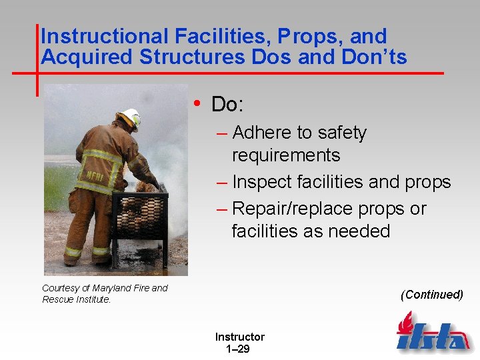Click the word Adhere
(264, 133)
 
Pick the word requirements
(285, 155)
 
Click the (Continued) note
(431, 295)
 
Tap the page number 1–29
(238, 349)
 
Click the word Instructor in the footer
(239, 337)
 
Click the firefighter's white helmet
(130, 117)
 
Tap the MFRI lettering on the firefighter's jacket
(91, 175)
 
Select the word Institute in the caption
(93, 299)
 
